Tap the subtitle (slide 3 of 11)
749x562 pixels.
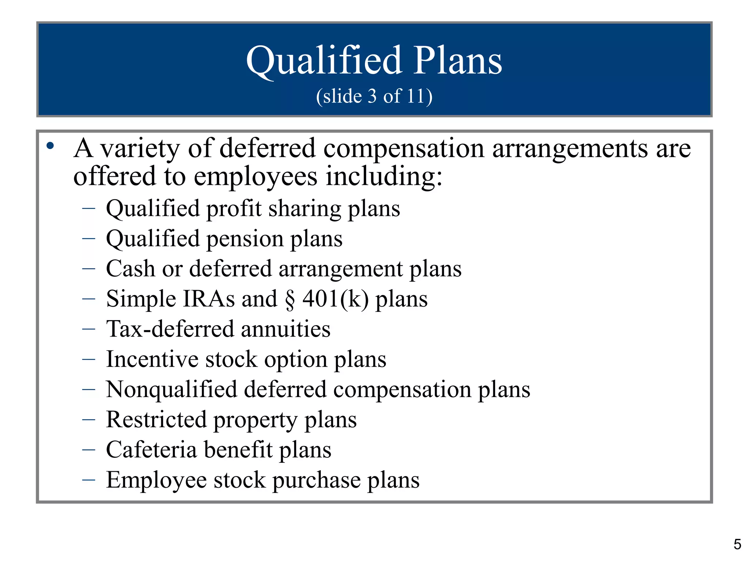pos(374,96)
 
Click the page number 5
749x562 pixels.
pos(737,544)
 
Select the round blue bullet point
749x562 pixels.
pos(50,146)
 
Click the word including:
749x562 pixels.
pos(384,177)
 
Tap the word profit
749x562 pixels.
pos(234,209)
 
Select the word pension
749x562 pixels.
pos(245,239)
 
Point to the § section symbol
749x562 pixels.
pos(290,299)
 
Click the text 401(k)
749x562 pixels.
pos(335,299)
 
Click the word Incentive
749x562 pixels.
pos(152,359)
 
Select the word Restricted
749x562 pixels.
pos(156,420)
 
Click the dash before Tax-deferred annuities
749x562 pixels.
pos(89,329)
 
